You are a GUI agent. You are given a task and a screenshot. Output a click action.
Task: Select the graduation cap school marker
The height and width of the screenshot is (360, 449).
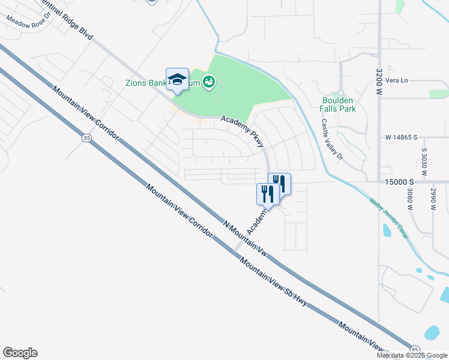[x=177, y=79]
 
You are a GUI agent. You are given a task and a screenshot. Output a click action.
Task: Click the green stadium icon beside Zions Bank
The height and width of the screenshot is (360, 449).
[x=209, y=82]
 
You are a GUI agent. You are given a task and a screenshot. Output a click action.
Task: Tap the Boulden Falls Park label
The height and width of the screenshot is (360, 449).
[x=338, y=104]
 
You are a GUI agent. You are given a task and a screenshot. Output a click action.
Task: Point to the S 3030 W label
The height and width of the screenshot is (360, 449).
[x=424, y=162]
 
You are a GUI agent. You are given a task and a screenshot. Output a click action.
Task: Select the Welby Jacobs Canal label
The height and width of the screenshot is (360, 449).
[x=389, y=219]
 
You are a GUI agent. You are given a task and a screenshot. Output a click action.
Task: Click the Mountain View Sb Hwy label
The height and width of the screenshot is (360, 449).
[x=274, y=282]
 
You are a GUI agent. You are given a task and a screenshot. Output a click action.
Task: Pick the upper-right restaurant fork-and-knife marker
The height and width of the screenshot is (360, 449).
[x=280, y=182]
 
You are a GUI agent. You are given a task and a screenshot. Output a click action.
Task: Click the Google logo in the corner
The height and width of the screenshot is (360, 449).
[x=20, y=353]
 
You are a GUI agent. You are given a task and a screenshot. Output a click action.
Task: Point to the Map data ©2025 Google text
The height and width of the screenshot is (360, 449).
[x=412, y=355]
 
